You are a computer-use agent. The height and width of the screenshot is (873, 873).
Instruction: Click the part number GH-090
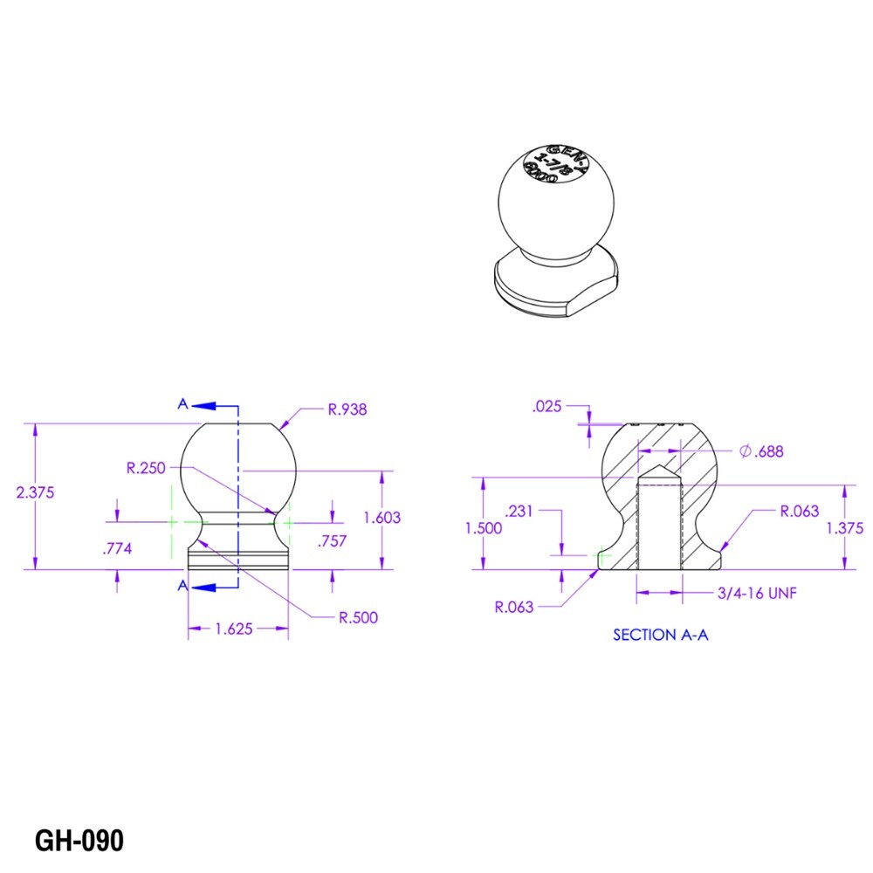(79, 841)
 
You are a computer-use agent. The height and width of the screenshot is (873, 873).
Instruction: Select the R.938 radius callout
(347, 409)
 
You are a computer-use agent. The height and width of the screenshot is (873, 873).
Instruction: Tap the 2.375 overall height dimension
(35, 492)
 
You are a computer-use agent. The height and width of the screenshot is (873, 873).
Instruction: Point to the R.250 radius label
(146, 468)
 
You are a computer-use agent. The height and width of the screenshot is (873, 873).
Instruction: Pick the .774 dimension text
(117, 549)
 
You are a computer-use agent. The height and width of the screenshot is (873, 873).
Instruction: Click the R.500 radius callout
(358, 617)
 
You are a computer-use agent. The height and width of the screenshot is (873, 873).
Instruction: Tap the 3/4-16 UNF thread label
(757, 594)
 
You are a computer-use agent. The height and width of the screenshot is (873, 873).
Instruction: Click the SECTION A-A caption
(660, 635)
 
